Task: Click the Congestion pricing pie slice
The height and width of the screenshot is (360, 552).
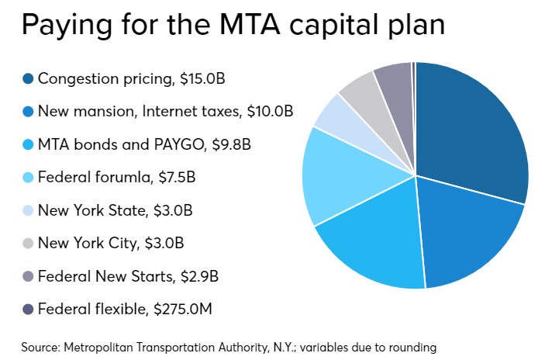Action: [x=473, y=132]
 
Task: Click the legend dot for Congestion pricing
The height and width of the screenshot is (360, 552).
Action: [x=29, y=78]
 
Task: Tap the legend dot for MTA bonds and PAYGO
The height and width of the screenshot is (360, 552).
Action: [x=29, y=144]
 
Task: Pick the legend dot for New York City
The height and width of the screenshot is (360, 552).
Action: [x=29, y=243]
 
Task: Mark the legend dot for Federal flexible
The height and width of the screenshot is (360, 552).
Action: [x=29, y=310]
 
